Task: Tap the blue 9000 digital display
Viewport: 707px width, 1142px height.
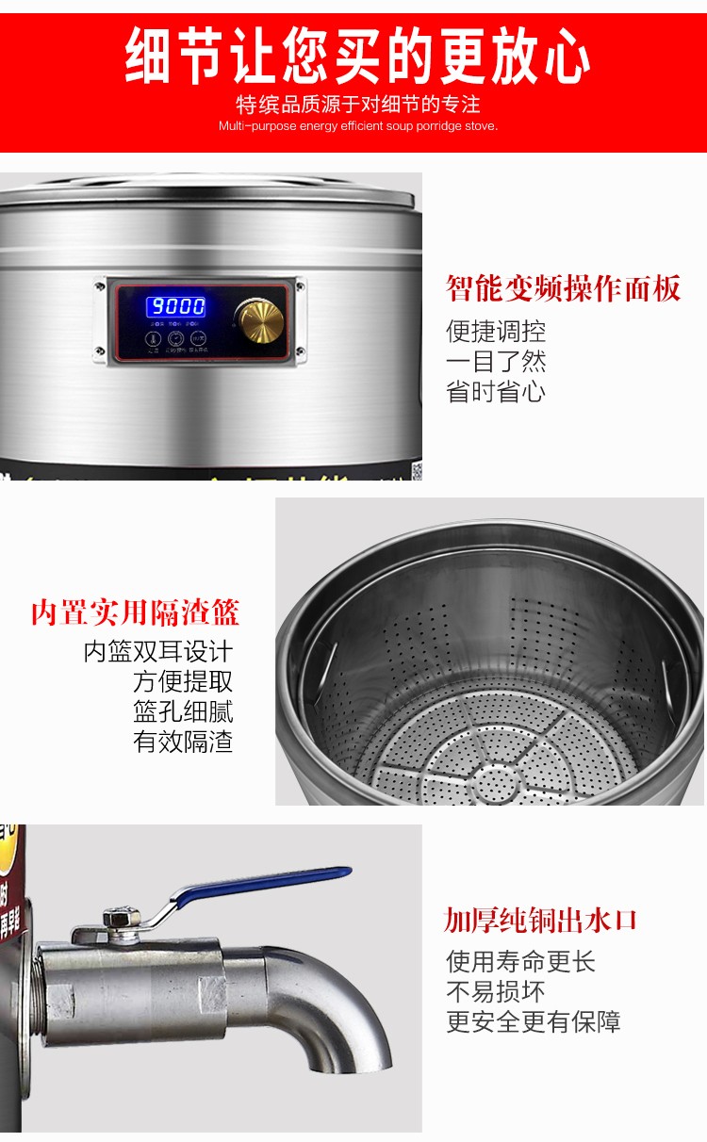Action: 174,306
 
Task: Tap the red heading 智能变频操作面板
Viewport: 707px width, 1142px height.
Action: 563,288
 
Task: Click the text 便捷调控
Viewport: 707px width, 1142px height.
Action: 496,332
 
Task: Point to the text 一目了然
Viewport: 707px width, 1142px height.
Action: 496,362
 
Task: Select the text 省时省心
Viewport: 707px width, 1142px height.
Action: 496,392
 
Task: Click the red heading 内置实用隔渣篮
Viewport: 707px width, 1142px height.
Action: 135,613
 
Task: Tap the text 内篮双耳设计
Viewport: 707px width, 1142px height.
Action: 157,651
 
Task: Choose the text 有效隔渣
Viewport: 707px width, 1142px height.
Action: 183,742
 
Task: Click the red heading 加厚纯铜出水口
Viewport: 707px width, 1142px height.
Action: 541,920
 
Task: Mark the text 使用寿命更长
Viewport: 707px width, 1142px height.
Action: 520,962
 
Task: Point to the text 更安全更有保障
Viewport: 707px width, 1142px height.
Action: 533,1022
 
